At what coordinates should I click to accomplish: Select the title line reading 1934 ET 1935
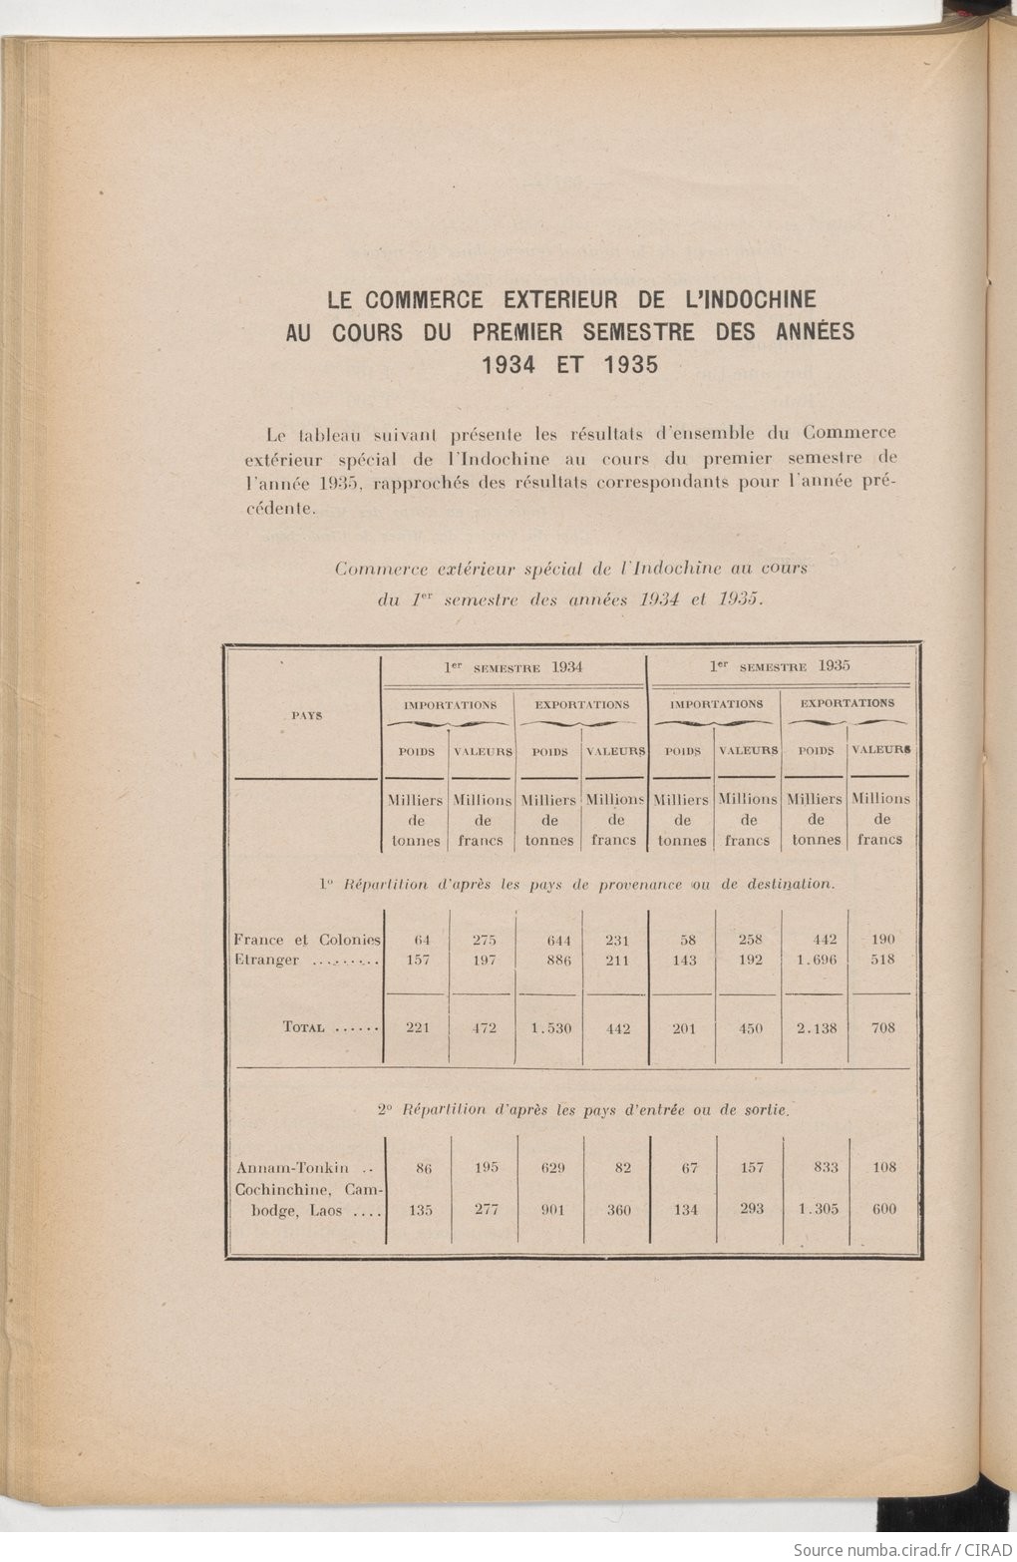(569, 364)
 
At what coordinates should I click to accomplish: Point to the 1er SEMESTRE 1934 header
(513, 667)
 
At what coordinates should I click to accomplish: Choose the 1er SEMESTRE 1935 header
(780, 665)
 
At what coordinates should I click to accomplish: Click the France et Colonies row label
(307, 940)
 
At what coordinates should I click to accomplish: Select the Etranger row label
(266, 961)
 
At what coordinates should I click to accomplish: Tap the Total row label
(304, 1027)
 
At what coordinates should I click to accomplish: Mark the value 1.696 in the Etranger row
(817, 960)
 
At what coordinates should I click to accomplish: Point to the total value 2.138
(817, 1027)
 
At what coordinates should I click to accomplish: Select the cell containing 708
(882, 1027)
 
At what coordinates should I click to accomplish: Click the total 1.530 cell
(550, 1027)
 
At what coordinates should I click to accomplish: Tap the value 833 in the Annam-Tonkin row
(825, 1167)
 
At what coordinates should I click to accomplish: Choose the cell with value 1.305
(818, 1209)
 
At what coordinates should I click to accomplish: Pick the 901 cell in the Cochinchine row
(552, 1209)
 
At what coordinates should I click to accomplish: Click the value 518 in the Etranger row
(882, 960)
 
